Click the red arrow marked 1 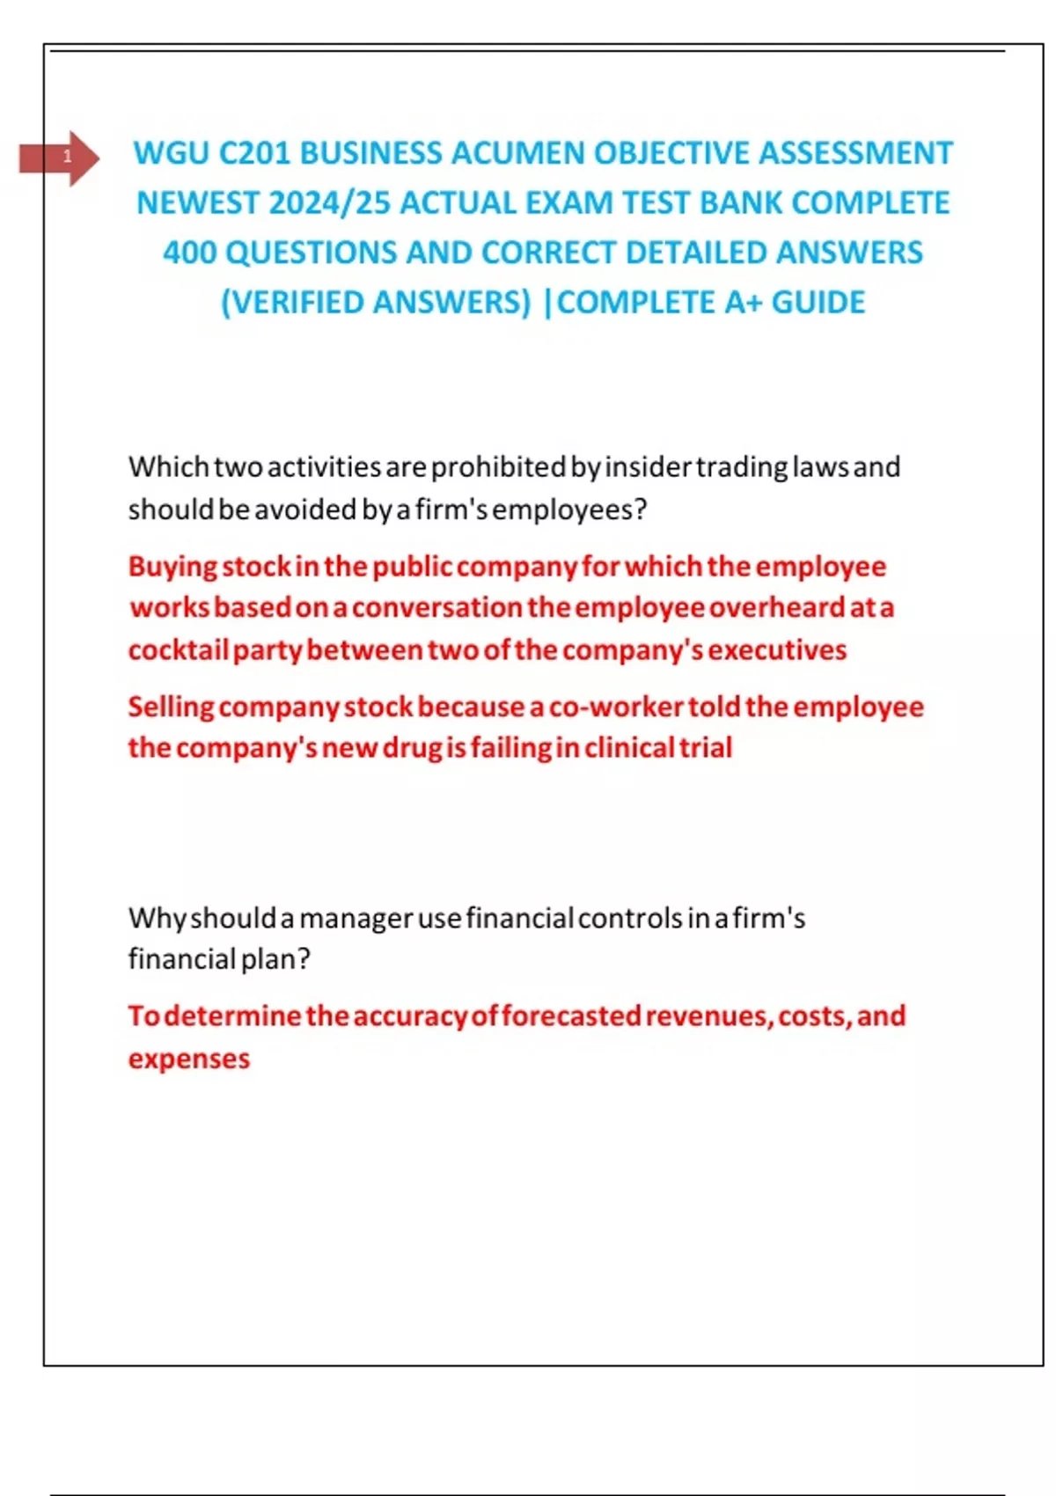[x=60, y=158]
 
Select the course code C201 [x=253, y=153]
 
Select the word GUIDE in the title [x=818, y=303]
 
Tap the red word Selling [x=171, y=707]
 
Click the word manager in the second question [x=356, y=919]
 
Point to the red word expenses [x=189, y=1059]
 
